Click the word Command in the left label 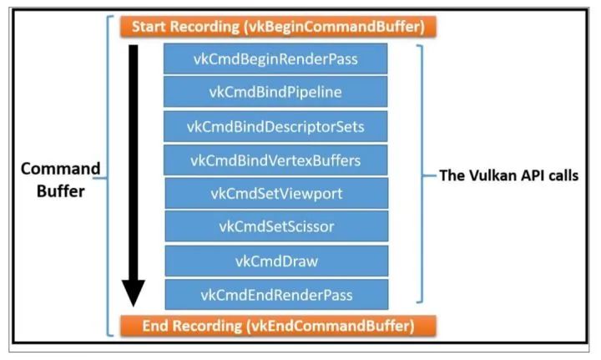point(60,169)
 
